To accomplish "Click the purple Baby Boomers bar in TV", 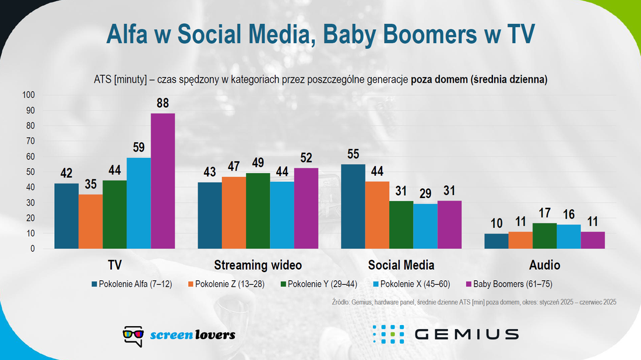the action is (x=163, y=181).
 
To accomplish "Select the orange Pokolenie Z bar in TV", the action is (x=90, y=221).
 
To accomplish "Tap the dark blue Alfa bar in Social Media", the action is (x=353, y=206).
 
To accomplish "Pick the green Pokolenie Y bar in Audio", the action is (x=544, y=236).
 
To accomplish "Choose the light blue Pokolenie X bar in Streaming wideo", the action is (x=282, y=215).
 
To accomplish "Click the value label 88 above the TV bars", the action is (x=163, y=103).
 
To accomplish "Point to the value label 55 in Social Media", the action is (x=353, y=154).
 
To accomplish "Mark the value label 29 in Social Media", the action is (x=425, y=193).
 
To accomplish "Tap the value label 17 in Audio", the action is (x=544, y=213).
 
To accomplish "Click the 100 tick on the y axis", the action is (x=29, y=95).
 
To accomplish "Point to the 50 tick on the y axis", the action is (x=31, y=172).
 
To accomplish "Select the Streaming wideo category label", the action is (x=258, y=265).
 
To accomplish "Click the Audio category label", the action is (x=544, y=265).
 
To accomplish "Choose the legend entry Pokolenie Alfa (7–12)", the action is (x=132, y=284).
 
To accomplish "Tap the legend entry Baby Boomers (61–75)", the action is (x=509, y=284).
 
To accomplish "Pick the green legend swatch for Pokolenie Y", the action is (x=283, y=284).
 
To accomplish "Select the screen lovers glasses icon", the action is (x=133, y=336).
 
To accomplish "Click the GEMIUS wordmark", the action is (x=466, y=334).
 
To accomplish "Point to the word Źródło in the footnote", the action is (x=340, y=302).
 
